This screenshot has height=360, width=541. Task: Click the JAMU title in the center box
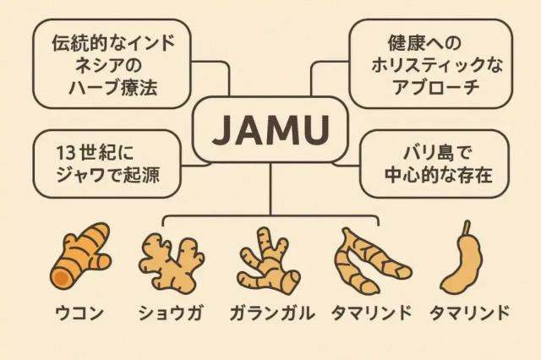(270, 130)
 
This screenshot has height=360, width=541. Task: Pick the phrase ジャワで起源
(107, 177)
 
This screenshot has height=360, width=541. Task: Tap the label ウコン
(79, 314)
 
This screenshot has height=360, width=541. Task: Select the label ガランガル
(270, 314)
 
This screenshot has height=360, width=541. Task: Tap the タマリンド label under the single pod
(469, 314)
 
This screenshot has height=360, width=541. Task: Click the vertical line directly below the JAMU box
(270, 186)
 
